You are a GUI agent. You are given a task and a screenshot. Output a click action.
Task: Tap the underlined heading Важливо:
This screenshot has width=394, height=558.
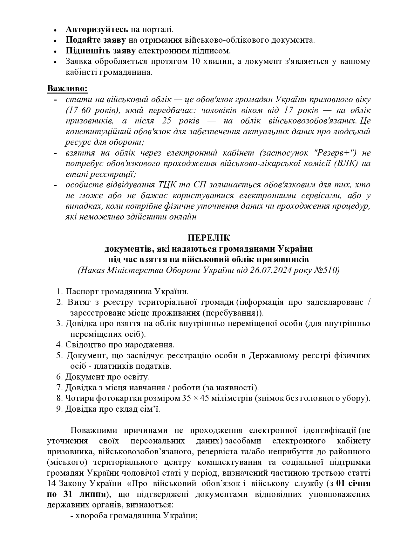click(67, 88)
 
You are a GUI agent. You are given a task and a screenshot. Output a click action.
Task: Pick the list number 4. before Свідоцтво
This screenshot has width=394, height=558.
click(60, 345)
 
